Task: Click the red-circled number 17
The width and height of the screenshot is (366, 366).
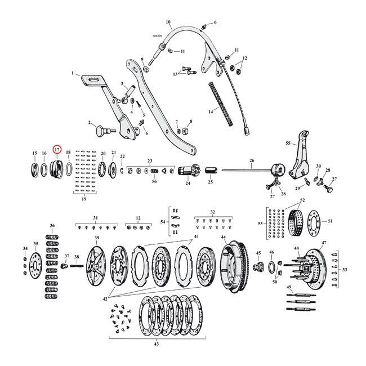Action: [57, 149]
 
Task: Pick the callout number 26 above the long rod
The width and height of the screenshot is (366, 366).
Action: [251, 160]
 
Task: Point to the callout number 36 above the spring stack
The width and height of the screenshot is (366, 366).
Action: [52, 226]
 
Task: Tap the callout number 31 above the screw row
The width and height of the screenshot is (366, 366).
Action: [96, 217]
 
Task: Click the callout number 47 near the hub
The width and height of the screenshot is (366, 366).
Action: [323, 243]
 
